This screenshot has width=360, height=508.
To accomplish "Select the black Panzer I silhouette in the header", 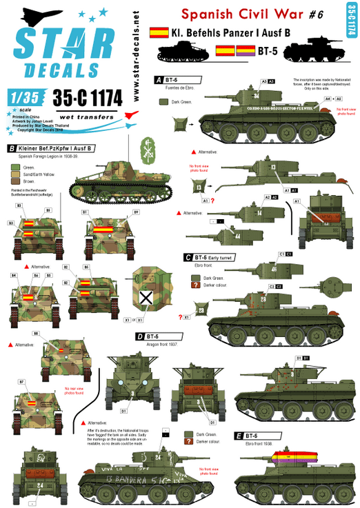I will pyautogui.click(x=181, y=50).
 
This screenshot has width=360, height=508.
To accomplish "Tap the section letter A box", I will pyautogui.click(x=158, y=79).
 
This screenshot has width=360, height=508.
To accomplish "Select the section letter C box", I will pyautogui.click(x=188, y=257).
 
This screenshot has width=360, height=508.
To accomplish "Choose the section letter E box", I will pyautogui.click(x=238, y=436).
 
